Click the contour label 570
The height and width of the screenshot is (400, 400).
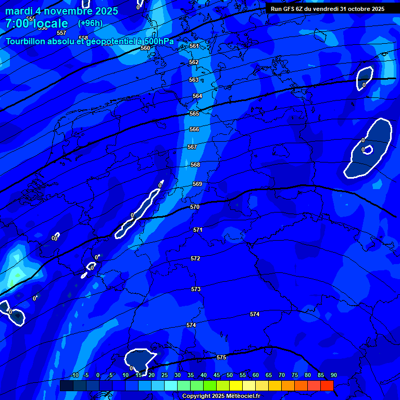[x=195, y=207]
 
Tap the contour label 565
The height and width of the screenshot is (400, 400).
[x=194, y=114]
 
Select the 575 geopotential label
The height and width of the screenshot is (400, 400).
[x=221, y=357]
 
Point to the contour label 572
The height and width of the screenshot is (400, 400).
[x=195, y=258]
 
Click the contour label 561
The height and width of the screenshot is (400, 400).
[x=194, y=46]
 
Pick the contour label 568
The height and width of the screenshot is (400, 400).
[x=195, y=165]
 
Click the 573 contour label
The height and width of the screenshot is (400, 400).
[x=196, y=289]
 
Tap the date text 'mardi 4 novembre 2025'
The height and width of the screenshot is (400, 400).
[x=61, y=11]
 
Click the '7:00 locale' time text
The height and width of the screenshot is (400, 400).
[x=36, y=23]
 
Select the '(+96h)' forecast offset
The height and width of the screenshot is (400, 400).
[x=90, y=23]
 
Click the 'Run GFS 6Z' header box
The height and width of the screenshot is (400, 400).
[x=328, y=8]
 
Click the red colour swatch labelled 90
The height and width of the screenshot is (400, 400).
[x=327, y=385]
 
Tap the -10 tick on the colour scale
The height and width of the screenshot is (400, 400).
[x=74, y=376]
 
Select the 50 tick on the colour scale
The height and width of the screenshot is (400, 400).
[x=229, y=376]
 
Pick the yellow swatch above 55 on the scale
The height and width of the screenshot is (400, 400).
[x=248, y=385]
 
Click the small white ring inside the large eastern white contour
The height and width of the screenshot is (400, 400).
[x=368, y=150]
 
